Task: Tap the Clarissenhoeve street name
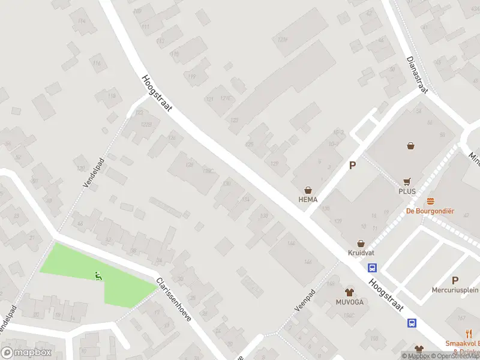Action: coord(173,300)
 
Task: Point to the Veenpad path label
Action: coord(305,299)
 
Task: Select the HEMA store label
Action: coord(308,199)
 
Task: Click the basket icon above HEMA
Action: coord(308,188)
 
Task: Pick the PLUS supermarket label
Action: coord(407,191)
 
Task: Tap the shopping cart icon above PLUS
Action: coord(407,181)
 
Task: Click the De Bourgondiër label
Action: coord(430,211)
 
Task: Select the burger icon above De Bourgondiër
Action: coord(430,200)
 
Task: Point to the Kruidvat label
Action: coord(361,253)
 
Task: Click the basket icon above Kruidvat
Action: coord(361,243)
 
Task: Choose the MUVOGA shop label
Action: coord(350,302)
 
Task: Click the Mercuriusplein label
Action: coord(455,290)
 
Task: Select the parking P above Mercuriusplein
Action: coord(455,280)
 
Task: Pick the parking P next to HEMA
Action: coord(353,166)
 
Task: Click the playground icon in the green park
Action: coord(97,276)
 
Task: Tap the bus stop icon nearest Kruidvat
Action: coord(373,268)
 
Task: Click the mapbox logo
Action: coord(27,353)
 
